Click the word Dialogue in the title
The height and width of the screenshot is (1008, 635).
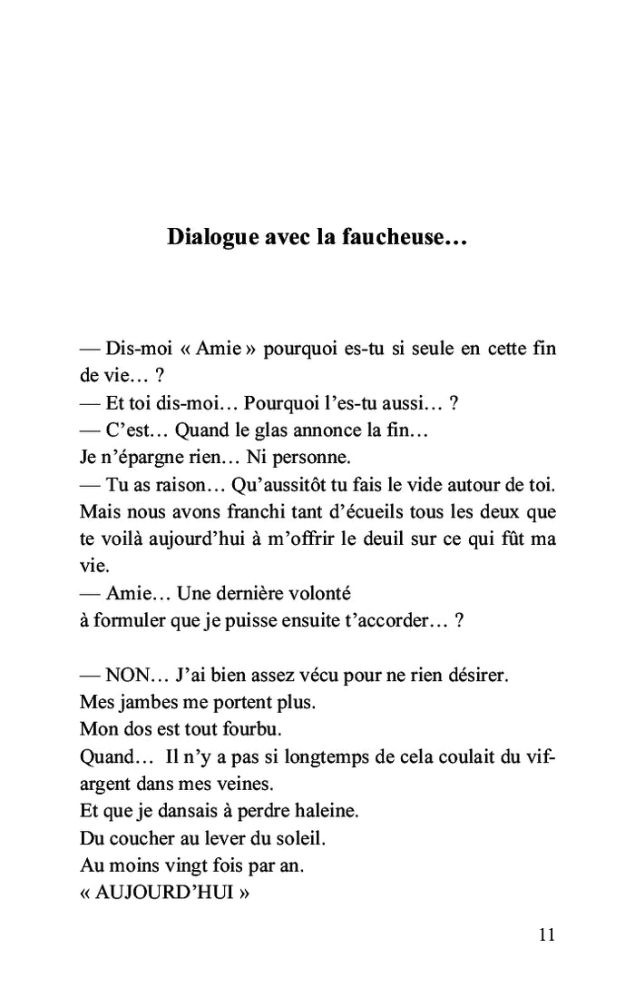tap(210, 239)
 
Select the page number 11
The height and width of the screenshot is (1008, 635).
tap(546, 935)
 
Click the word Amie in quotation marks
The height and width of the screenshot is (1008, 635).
tap(220, 350)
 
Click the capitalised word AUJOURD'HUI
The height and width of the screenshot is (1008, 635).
tap(164, 893)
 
